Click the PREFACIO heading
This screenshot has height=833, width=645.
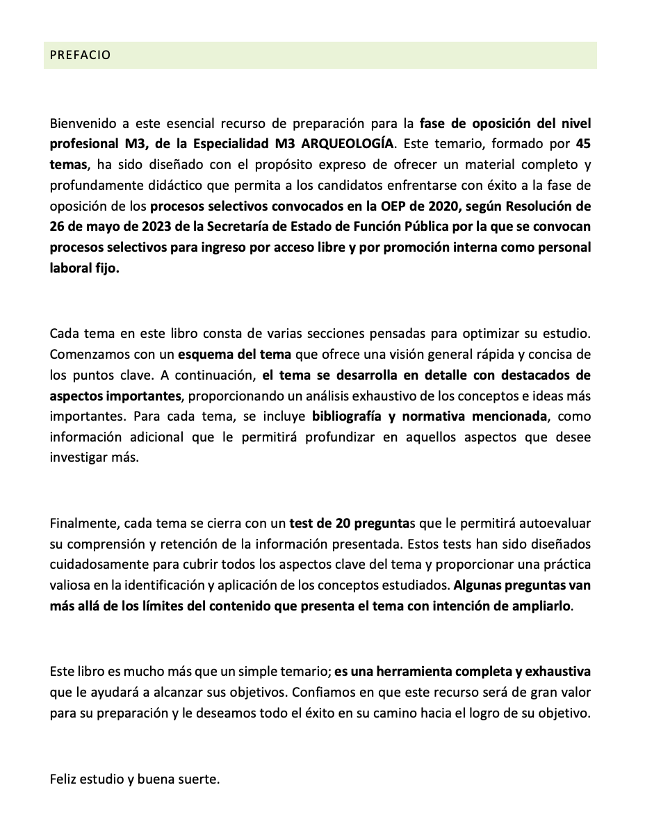[80, 55]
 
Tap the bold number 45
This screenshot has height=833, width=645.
[584, 145]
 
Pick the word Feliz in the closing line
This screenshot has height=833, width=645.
[65, 779]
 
